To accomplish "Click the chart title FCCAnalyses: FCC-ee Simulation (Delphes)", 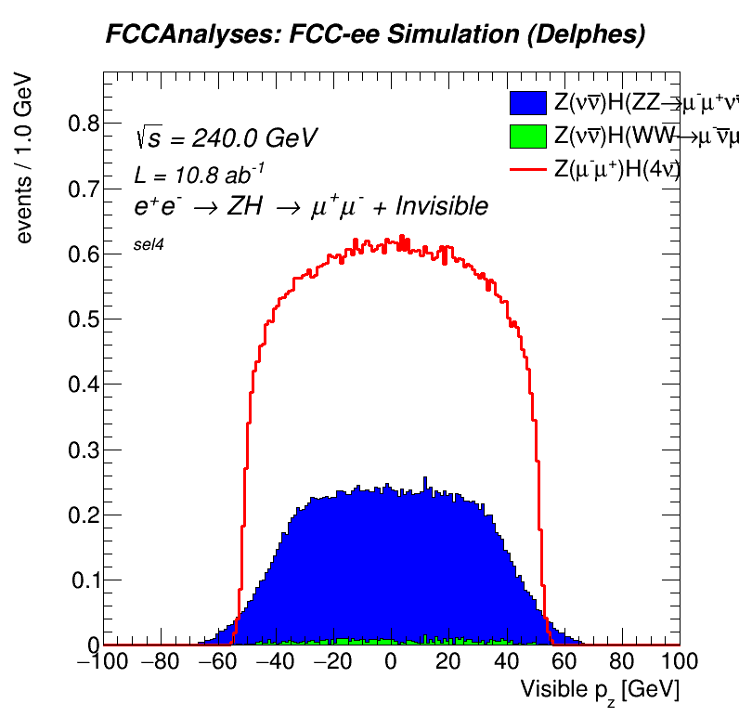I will [x=375, y=35].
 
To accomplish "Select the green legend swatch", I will [x=528, y=137].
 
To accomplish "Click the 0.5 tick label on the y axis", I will [x=81, y=319].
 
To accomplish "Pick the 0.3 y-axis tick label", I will [x=81, y=450].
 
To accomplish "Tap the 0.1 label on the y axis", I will [x=81, y=580].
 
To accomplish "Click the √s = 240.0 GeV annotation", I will [x=227, y=138].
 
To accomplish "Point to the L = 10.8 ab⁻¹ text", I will [x=201, y=174].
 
